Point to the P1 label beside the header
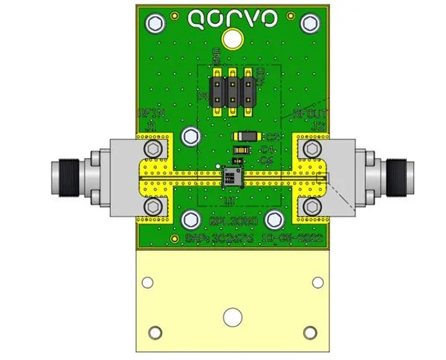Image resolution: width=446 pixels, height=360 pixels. click(x=201, y=97)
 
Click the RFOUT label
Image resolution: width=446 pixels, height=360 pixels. click(x=310, y=114)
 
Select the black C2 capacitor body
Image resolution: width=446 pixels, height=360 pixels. click(x=245, y=137)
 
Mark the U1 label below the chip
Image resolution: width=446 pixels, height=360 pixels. click(x=230, y=200)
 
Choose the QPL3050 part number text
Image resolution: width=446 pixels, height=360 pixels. click(x=234, y=221)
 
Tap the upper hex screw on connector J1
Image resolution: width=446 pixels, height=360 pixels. click(x=153, y=150)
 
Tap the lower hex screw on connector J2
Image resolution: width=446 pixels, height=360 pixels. click(x=310, y=205)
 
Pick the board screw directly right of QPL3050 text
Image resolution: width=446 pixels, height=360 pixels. click(x=274, y=219)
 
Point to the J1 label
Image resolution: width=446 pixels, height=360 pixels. click(x=152, y=126)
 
